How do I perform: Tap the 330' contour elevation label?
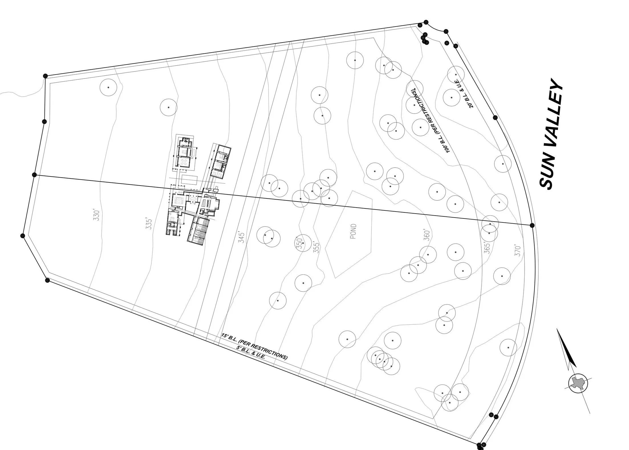(x=97, y=215)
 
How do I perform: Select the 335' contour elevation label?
(x=149, y=224)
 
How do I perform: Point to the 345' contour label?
(x=241, y=238)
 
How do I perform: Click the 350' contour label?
(x=299, y=243)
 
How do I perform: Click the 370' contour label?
(x=518, y=251)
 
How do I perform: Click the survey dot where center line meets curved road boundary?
(x=532, y=225)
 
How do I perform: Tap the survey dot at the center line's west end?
(x=35, y=175)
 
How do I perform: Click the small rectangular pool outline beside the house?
(x=189, y=180)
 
